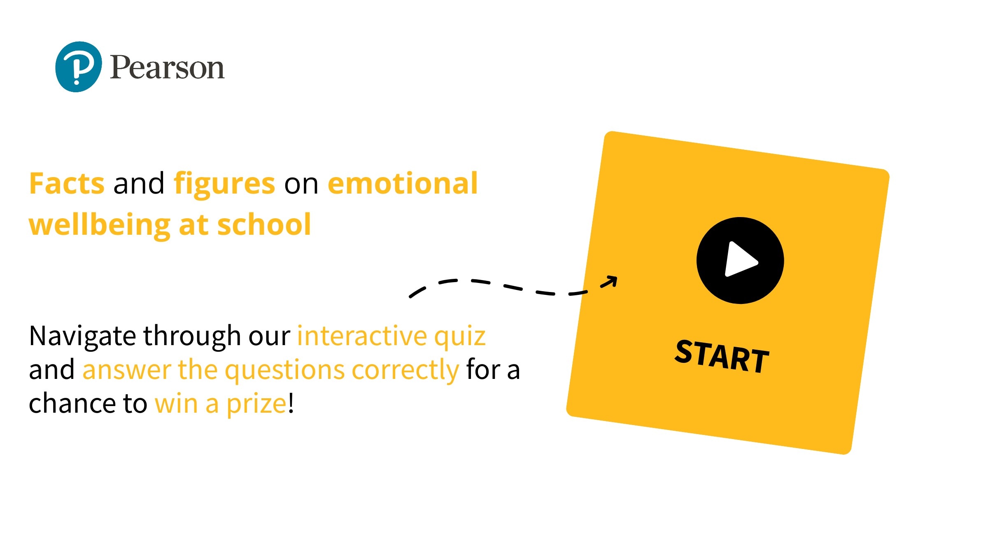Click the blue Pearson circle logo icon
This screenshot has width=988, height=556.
point(79,67)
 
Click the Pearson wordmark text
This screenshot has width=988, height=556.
point(167,67)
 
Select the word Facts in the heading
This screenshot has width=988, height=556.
point(67,184)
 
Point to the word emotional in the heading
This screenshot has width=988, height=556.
point(403,183)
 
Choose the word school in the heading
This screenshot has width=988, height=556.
point(264,224)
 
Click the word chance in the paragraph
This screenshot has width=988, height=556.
point(72,403)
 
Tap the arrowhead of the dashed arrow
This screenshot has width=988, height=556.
point(611,281)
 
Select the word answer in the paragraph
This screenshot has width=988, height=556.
point(127,370)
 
